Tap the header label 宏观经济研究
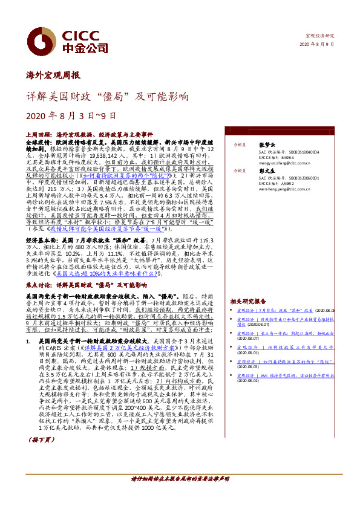[320, 36]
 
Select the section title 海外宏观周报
[53, 76]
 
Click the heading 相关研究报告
[248, 301]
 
